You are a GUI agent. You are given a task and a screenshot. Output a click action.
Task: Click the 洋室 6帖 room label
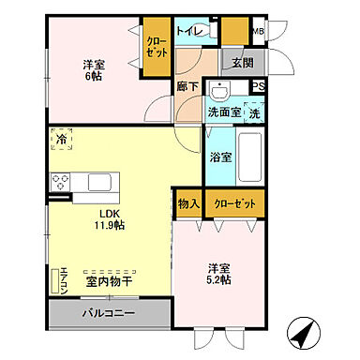coord(93,71)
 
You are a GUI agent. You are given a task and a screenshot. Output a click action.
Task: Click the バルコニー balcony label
coord(108,313)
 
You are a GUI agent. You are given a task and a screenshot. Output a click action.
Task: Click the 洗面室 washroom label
coord(225,112)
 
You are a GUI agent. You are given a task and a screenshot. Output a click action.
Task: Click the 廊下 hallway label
coord(187,87)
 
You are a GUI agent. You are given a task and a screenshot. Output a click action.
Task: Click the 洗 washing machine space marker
coord(255,112)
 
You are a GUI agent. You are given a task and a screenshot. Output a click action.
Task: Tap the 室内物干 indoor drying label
coord(107,279)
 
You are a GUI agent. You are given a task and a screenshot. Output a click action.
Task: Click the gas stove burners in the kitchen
coord(60,181)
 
